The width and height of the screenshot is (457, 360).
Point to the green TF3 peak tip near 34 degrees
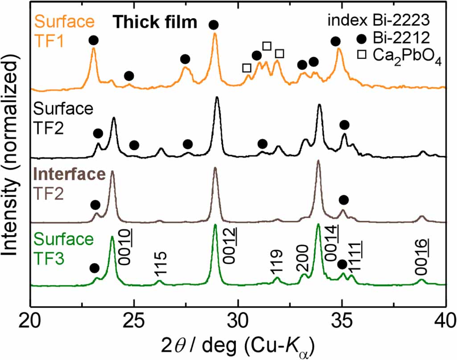tap(318, 225)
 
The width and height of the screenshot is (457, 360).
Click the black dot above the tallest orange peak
tap(214, 25)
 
